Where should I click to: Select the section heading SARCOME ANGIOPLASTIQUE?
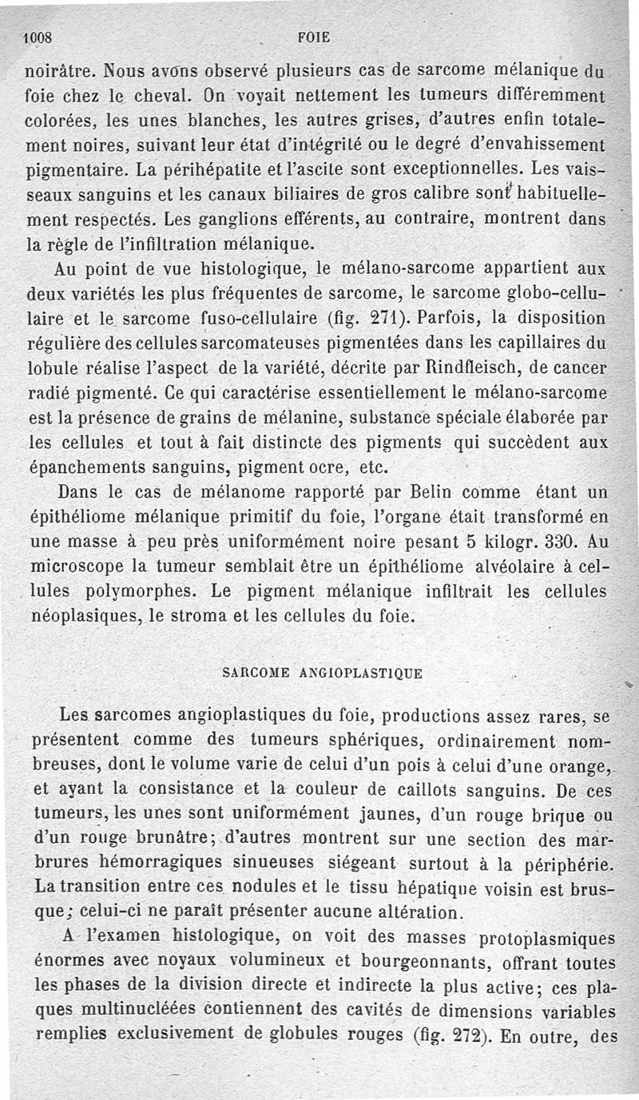pos(321,673)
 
